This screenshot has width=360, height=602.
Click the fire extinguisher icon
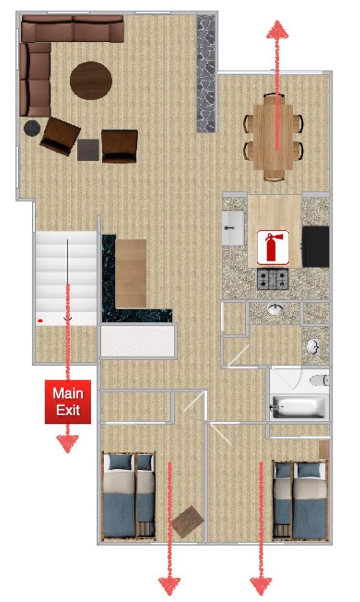point(273,247)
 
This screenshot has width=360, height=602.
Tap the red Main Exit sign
point(68,402)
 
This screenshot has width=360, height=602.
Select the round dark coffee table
point(91,81)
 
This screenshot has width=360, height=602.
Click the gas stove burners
point(273,279)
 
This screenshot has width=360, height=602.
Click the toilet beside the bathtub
point(319,380)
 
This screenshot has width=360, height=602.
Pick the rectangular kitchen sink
point(232,228)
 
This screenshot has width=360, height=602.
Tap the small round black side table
point(32,128)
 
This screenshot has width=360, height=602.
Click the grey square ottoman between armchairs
point(88,150)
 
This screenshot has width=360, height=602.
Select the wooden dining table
point(274,137)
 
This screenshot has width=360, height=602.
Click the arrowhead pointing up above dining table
point(277,30)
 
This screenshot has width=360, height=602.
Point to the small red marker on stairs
point(40,320)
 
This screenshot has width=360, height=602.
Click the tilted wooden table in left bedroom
point(188,522)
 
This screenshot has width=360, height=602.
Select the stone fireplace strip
point(206,74)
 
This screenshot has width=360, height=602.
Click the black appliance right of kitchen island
point(315,246)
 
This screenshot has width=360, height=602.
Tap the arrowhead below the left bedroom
point(169,586)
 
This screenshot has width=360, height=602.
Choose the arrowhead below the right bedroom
point(261,586)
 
